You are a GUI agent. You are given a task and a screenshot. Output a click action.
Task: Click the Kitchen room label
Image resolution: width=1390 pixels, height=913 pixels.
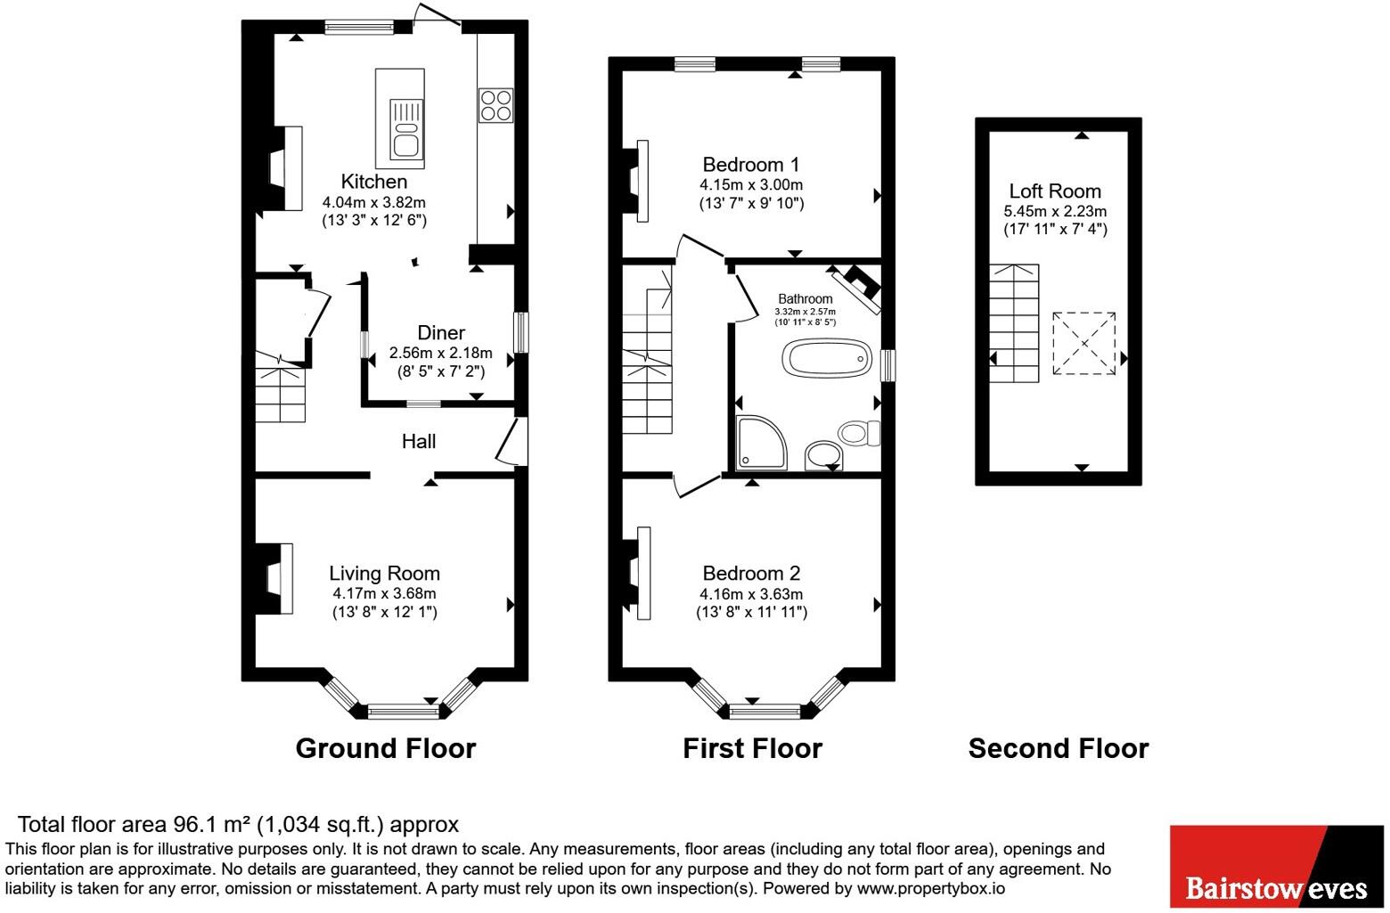[373, 182]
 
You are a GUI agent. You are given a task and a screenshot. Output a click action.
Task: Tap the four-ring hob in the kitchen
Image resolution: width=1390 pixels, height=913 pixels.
[496, 104]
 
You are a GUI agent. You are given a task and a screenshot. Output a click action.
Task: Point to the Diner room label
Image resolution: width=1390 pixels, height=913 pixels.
[441, 333]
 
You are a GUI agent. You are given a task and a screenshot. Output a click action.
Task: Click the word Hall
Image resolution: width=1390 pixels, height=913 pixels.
[419, 441]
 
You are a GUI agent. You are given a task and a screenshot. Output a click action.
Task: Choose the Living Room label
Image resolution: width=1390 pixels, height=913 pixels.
[384, 574]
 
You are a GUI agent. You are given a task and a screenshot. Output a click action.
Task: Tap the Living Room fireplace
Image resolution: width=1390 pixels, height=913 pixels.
[275, 579]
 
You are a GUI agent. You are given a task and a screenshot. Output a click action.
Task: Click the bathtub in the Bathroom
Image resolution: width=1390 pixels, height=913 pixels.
[825, 358]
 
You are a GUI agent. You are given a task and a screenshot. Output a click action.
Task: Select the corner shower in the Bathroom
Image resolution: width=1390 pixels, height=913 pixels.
[761, 442]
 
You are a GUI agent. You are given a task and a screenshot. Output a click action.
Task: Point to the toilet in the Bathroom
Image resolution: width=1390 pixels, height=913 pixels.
[859, 434]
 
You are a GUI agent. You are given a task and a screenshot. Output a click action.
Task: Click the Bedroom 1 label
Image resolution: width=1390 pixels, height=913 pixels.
[751, 165]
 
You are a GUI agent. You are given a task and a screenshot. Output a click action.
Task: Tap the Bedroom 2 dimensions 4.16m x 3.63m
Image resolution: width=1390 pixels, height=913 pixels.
[751, 594]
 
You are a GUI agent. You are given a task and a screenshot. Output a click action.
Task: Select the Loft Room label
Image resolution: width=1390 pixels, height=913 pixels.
[1055, 192]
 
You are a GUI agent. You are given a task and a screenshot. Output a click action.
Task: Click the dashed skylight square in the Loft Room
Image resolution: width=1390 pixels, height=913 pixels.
[1083, 344]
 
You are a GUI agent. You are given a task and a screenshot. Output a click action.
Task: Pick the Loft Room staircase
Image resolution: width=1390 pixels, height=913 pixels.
[1014, 322]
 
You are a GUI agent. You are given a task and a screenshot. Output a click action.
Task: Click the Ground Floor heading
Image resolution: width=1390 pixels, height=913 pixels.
[386, 748]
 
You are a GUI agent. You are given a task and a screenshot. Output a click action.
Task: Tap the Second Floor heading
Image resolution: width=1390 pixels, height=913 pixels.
[1059, 748]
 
